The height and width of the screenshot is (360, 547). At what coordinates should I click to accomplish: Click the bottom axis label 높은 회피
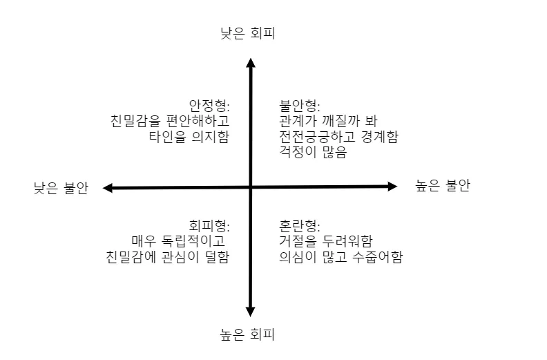[247, 335]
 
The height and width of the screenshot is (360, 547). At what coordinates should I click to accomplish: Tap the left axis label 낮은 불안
[61, 188]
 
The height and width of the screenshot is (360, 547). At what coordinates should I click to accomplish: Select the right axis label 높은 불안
[442, 185]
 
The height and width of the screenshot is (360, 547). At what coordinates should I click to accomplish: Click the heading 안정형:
[209, 106]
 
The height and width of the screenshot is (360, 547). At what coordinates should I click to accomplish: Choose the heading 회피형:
[209, 226]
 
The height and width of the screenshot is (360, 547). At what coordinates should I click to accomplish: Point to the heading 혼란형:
[300, 226]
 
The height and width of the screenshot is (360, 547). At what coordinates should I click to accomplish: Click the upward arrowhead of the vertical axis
[251, 62]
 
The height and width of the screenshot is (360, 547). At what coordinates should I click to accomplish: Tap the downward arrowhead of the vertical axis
[251, 312]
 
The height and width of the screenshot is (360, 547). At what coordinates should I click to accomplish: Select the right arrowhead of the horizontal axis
[392, 186]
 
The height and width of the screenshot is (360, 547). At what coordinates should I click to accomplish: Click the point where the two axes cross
[251, 187]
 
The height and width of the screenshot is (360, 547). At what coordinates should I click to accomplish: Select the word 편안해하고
[198, 121]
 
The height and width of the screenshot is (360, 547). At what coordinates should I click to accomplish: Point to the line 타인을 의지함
[189, 137]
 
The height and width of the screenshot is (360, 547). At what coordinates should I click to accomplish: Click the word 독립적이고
[193, 241]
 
